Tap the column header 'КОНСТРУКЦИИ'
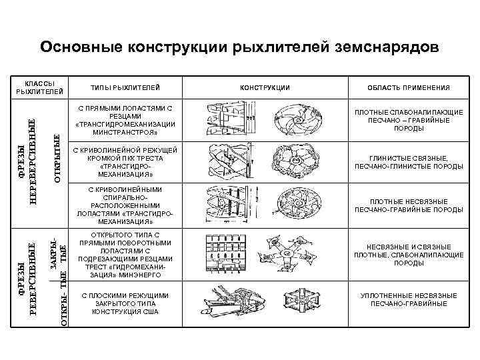coord(265,87)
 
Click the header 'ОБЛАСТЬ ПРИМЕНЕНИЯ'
coord(408,87)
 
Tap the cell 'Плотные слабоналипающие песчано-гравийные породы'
coord(408,120)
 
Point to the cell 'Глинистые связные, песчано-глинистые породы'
coord(408,161)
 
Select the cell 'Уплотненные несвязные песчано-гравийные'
coord(408,299)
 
